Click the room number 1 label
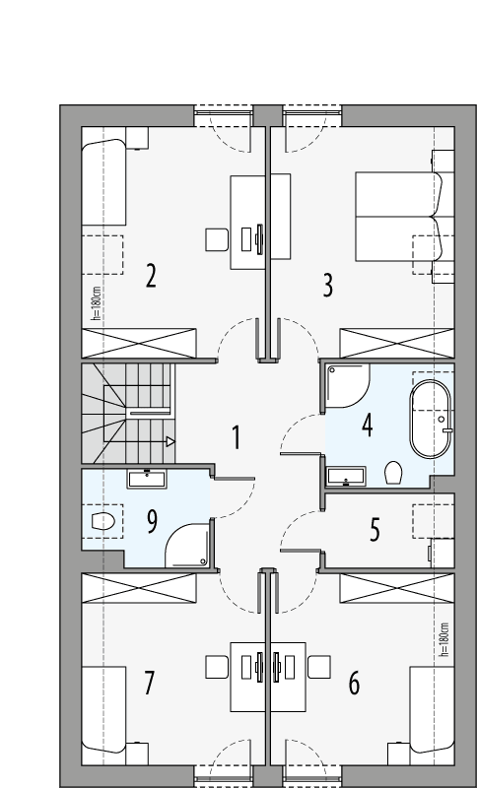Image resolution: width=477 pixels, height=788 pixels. pos(236,437)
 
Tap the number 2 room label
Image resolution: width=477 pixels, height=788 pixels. pos(151,275)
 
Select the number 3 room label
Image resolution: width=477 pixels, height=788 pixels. pos(328,286)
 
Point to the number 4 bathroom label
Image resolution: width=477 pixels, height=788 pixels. pos(368,426)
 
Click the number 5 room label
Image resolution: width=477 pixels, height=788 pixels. pos(375,530)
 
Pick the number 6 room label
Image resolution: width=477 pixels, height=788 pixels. pos(354,682)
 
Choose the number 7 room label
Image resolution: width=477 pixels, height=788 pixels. pos(150,682)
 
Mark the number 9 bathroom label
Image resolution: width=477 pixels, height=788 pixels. pos(152,520)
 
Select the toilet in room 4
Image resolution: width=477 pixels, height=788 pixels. pos(394,472)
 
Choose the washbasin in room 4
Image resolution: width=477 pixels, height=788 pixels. pos(346,479)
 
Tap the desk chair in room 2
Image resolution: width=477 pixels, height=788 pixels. pos(217,238)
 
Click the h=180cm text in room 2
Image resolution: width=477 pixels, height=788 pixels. pos(96,303)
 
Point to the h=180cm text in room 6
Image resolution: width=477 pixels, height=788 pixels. pos(443,640)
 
